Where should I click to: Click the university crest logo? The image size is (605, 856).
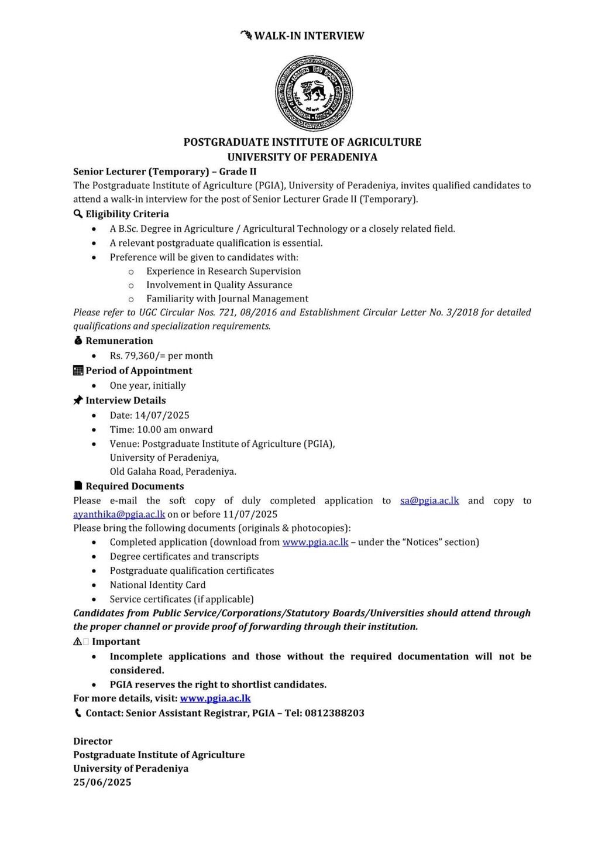[314, 93]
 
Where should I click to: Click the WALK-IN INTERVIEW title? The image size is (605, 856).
[309, 36]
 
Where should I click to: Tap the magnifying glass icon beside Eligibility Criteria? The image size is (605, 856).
[78, 214]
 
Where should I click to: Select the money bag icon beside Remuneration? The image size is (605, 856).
[78, 340]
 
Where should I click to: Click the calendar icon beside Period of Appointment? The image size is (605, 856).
[78, 370]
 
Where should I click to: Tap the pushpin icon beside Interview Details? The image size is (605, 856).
[78, 400]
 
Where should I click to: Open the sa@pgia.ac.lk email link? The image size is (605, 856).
[429, 501]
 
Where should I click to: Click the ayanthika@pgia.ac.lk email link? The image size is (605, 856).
[119, 514]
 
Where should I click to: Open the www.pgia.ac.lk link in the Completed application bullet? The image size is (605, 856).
[315, 542]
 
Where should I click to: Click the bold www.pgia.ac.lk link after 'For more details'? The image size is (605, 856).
[215, 698]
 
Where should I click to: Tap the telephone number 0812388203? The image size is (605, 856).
[334, 713]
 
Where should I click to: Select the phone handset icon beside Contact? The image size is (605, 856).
[78, 713]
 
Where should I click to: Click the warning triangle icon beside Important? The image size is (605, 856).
[77, 641]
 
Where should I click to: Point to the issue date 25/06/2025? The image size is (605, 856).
[102, 782]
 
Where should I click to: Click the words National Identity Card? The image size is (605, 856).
[158, 584]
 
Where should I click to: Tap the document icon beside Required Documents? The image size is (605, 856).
[78, 485]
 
